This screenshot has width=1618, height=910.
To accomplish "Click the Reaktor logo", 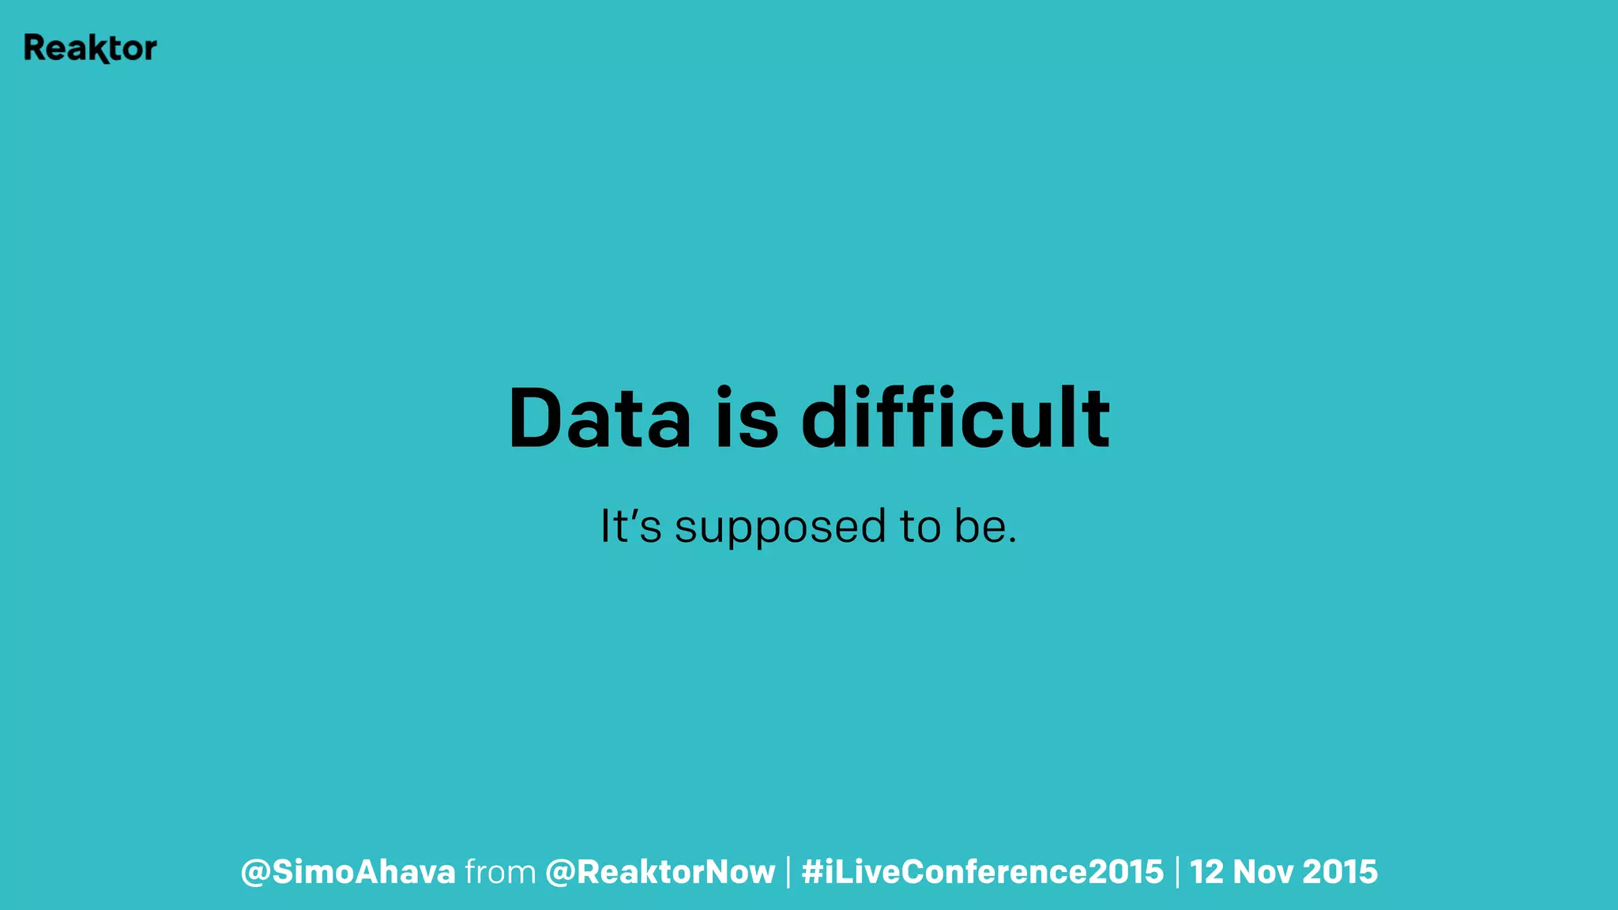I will (x=90, y=48).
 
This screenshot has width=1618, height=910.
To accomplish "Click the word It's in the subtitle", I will (x=630, y=526).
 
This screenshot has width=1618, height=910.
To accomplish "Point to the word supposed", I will (x=780, y=528).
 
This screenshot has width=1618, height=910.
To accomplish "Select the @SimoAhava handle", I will (x=348, y=872).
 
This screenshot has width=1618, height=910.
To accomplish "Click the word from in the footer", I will (x=500, y=872).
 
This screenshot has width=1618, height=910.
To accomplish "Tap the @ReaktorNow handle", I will (x=660, y=872).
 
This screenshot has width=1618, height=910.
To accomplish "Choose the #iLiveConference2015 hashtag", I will (x=982, y=872).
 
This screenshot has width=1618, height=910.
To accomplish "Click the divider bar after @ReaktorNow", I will (x=788, y=872).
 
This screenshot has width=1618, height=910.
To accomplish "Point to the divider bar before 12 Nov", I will (x=1177, y=872).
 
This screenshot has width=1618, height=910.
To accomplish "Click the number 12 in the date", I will (x=1206, y=872).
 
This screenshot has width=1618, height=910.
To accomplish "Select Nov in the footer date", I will (x=1262, y=872).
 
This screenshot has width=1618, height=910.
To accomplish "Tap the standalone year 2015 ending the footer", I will (x=1340, y=872).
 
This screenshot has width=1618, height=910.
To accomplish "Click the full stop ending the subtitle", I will (x=1012, y=541).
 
